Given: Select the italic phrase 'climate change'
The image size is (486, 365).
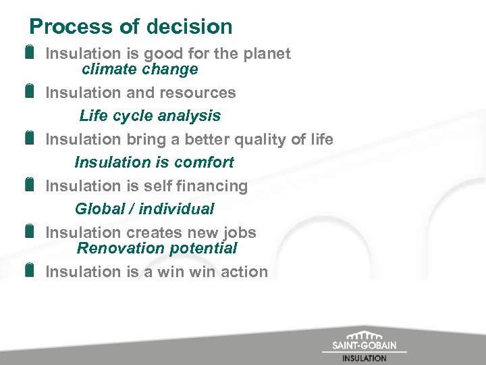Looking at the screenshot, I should pyautogui.click(x=140, y=69).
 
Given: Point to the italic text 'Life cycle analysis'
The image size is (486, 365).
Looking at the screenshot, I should pyautogui.click(x=150, y=116).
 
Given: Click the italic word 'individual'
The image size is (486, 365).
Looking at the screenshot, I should pyautogui.click(x=176, y=209).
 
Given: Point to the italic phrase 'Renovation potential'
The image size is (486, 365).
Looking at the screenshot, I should pyautogui.click(x=157, y=248).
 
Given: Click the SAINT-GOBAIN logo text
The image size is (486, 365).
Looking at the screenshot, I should pyautogui.click(x=364, y=346).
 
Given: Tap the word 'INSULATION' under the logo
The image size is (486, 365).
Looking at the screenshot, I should pyautogui.click(x=364, y=358).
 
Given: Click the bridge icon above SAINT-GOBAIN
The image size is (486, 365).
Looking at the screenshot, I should pyautogui.click(x=364, y=335).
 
